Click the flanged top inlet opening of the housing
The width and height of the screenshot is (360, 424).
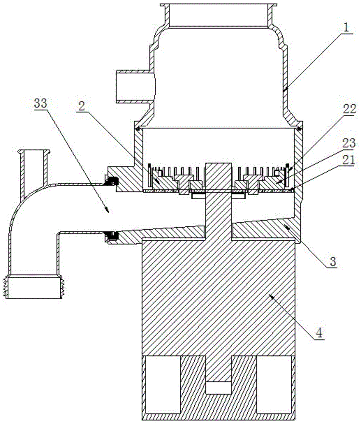[218, 6]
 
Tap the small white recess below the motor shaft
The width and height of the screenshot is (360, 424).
[218, 388]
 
